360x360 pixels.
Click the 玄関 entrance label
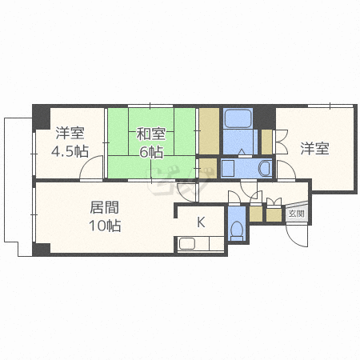tap(296, 214)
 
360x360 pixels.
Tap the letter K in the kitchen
tap(201, 223)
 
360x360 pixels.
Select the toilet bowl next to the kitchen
tap(237, 230)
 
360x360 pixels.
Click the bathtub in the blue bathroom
tap(238, 119)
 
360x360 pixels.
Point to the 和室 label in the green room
tap(150, 134)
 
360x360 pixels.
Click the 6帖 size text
tap(150, 152)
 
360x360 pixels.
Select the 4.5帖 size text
tap(70, 151)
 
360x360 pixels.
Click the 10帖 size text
tap(104, 226)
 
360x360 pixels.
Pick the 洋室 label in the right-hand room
tap(314, 148)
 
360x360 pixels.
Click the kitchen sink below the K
tap(189, 245)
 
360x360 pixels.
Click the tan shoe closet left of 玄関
tap(274, 214)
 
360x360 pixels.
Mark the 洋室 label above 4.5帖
tap(70, 133)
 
